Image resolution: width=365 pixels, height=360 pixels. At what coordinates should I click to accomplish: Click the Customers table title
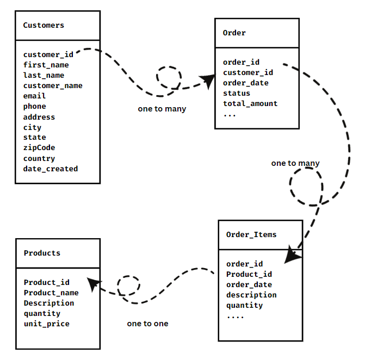click(44, 25)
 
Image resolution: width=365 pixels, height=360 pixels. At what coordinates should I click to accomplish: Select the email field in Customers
click(34, 96)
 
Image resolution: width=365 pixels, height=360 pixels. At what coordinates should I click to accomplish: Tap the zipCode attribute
click(39, 147)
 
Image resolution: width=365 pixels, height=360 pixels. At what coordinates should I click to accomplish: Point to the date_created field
click(51, 169)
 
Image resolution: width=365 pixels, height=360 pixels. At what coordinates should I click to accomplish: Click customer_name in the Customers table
click(53, 85)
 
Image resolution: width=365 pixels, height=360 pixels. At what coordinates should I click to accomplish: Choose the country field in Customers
click(39, 158)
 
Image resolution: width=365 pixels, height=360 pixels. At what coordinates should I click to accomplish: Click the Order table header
click(234, 33)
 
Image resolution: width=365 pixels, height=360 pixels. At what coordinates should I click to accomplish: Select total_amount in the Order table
click(250, 103)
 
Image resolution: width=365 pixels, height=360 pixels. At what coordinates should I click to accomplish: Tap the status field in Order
click(237, 93)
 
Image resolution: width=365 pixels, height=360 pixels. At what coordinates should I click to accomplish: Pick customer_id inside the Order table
click(248, 72)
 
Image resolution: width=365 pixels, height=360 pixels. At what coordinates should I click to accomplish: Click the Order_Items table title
click(251, 234)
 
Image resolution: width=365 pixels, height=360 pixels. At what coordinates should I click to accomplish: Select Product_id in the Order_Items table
click(249, 274)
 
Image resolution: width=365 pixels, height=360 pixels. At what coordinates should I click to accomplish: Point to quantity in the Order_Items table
click(245, 305)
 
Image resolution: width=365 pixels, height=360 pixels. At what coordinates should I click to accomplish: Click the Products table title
click(42, 253)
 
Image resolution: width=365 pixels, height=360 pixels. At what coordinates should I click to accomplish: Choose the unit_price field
click(47, 324)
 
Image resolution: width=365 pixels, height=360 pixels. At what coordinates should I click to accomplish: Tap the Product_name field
click(51, 293)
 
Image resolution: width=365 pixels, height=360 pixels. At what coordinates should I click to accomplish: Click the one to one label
click(147, 324)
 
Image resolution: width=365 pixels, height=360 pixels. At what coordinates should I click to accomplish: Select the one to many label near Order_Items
click(295, 163)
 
